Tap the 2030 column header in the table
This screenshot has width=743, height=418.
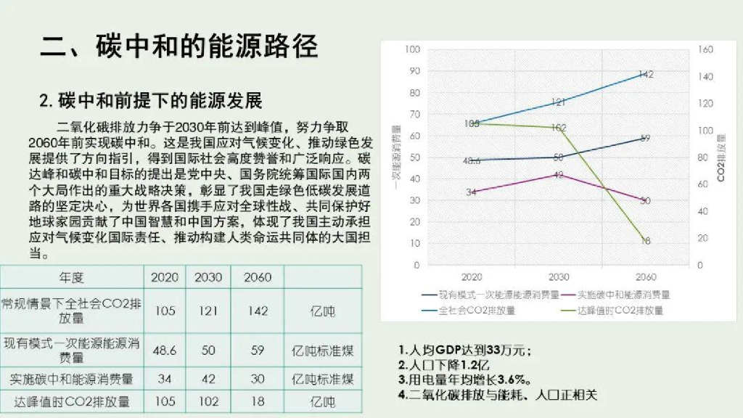pos(208,278)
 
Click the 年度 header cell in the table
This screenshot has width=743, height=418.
pos(72,278)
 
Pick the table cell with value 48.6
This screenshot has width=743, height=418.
pos(165,351)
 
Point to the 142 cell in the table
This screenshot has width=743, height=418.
pos(258,311)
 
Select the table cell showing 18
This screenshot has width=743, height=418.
pos(258,401)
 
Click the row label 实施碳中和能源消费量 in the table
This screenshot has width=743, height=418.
pos(72,379)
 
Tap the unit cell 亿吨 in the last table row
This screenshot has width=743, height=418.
pos(322,401)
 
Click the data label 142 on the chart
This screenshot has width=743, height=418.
pos(646,74)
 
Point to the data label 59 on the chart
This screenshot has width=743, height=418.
pos(645,138)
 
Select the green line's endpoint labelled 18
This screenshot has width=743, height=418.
pos(645,241)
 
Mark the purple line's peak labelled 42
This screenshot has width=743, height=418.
pos(559,175)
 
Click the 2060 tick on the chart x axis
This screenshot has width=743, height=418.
pos(645,276)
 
